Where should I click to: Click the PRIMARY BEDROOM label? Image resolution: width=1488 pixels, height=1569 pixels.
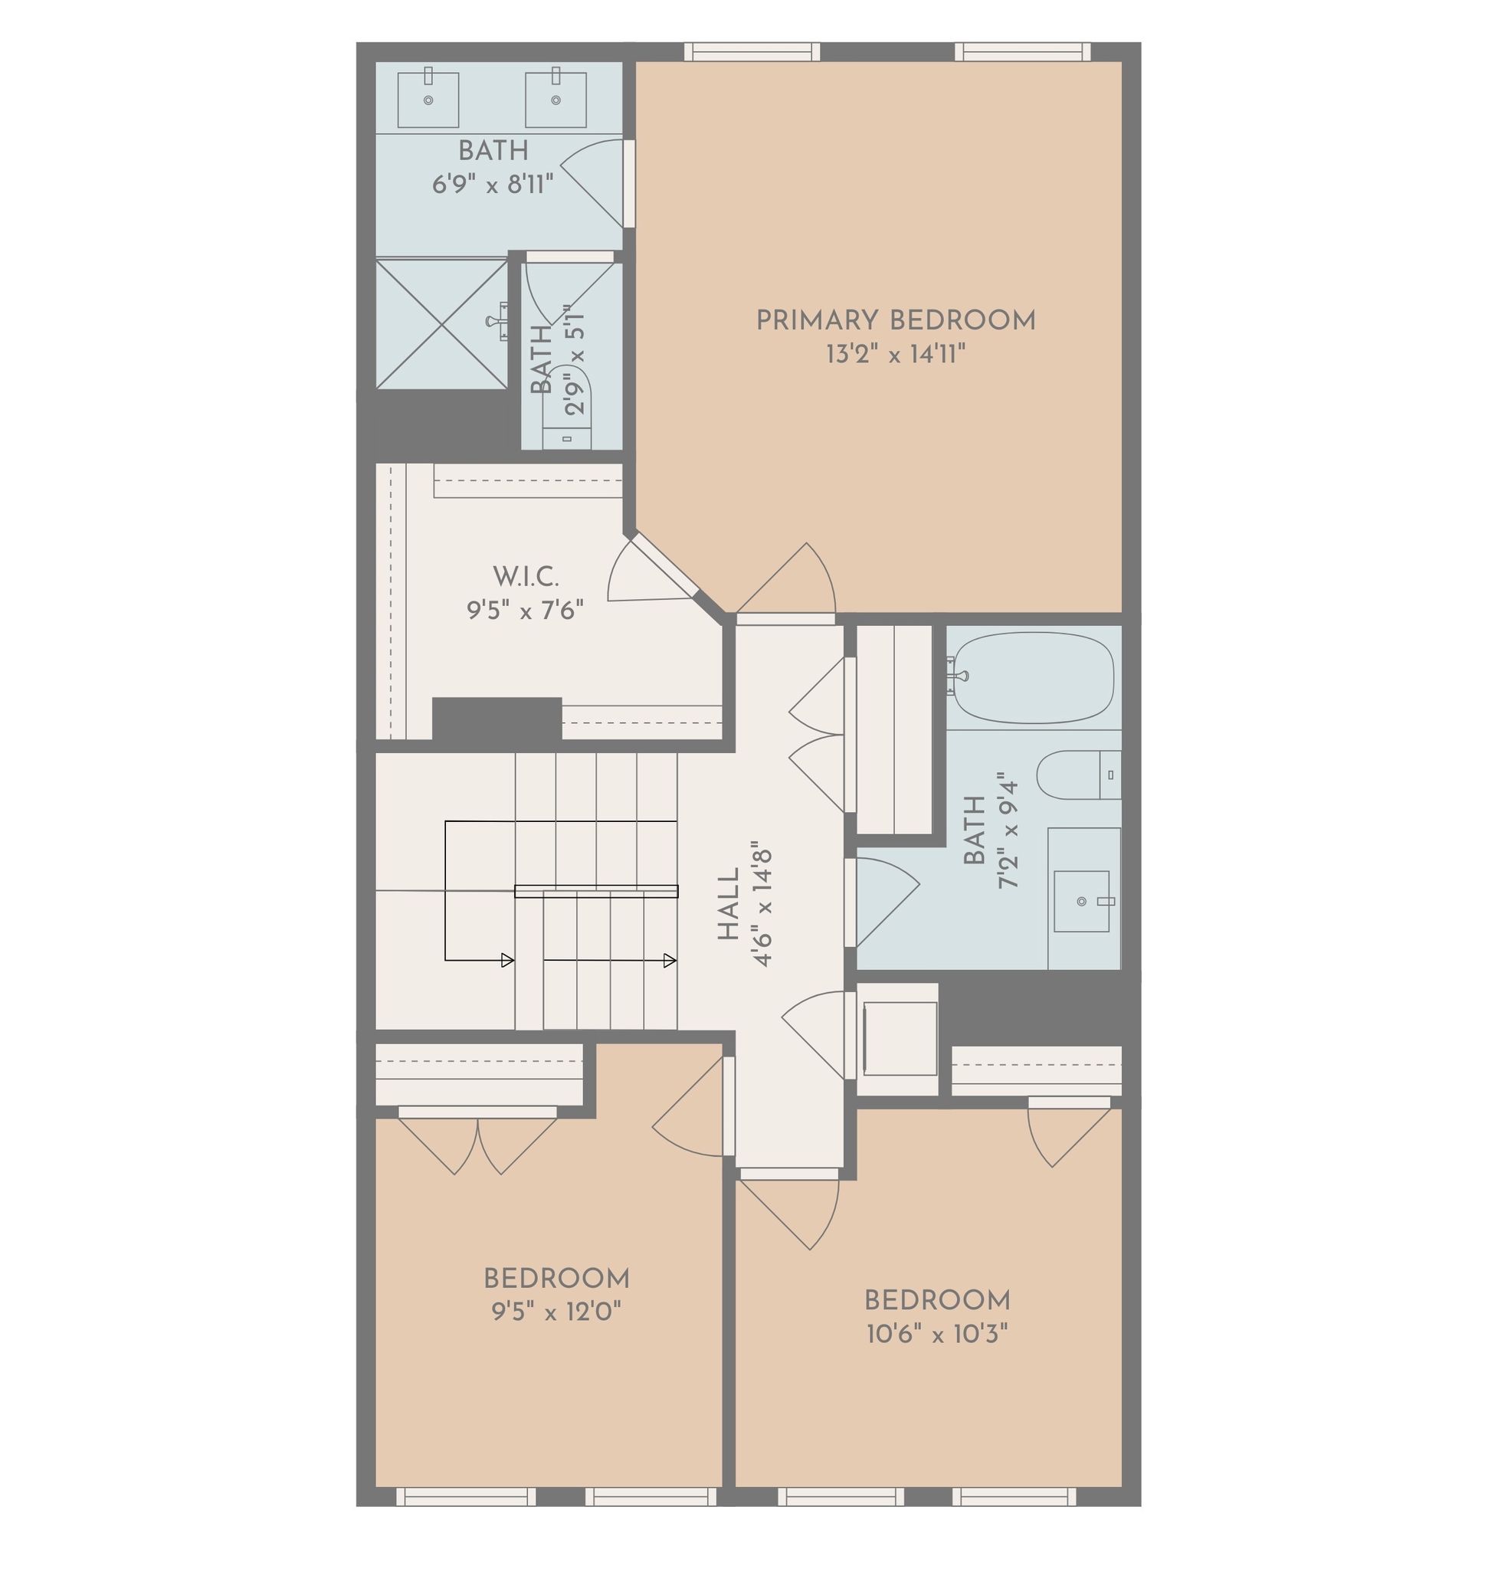896,321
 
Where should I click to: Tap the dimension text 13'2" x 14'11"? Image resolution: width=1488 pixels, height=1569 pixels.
896,354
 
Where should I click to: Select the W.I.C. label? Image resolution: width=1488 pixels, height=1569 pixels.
525,577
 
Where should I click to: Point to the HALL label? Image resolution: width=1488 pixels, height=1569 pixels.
728,903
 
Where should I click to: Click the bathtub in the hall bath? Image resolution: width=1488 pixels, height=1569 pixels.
1033,677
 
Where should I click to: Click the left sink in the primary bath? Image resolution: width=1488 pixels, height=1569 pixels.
428,99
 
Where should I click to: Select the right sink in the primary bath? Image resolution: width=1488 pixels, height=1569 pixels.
556,99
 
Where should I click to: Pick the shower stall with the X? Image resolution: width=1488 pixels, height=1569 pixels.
442,323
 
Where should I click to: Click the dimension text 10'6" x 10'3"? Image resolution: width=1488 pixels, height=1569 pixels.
937,1335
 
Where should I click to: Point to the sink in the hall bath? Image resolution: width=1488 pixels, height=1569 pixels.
1082,901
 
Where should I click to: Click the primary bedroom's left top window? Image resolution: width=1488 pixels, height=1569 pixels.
752,51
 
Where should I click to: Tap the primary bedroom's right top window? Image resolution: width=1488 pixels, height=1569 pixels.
1022,51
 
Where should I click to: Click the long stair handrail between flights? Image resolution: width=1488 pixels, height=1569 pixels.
596,891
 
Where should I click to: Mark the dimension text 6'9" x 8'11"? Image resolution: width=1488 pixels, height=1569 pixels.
493,184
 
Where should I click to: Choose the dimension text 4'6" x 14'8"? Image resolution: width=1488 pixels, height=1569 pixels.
762,904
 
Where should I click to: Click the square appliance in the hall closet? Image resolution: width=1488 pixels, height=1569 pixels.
900,1038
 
